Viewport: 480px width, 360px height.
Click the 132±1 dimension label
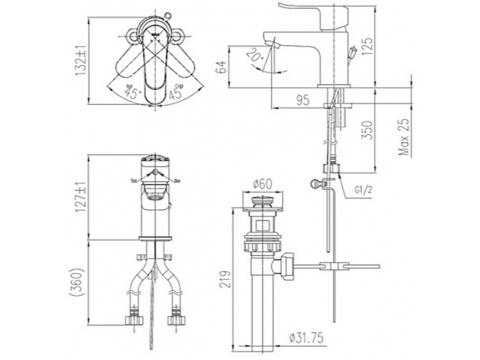point(82,60)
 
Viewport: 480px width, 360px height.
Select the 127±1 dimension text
point(82,197)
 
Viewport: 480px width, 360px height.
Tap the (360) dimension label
point(78,282)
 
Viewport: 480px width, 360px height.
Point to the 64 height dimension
point(222,68)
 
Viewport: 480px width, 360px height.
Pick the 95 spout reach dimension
point(302,100)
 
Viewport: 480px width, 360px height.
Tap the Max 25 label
point(404,137)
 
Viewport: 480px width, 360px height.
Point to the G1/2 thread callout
point(363,190)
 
